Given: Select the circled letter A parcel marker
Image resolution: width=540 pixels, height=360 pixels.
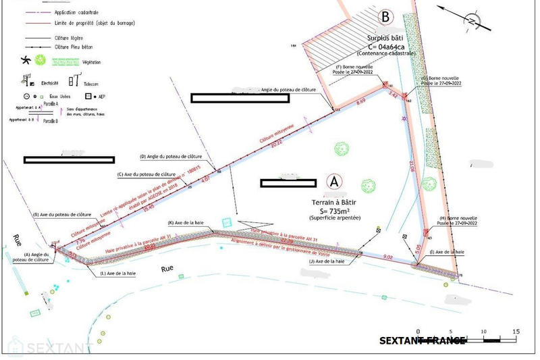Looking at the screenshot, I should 333,181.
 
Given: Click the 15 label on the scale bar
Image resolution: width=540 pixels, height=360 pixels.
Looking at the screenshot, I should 516,331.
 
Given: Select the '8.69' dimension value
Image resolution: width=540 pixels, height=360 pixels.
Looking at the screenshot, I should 360,100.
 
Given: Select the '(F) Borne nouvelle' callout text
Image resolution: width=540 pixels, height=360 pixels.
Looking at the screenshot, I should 355,68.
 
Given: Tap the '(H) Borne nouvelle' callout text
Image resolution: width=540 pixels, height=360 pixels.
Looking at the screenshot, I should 458,219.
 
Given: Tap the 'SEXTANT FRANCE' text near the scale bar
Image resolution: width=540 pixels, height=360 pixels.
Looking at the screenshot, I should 422,340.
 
